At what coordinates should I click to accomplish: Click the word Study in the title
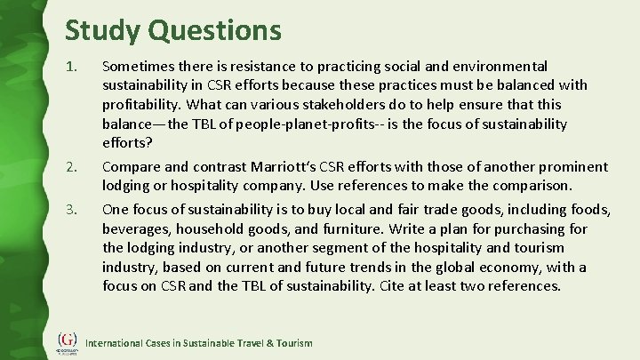(x=102, y=29)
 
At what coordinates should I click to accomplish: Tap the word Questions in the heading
(x=214, y=29)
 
